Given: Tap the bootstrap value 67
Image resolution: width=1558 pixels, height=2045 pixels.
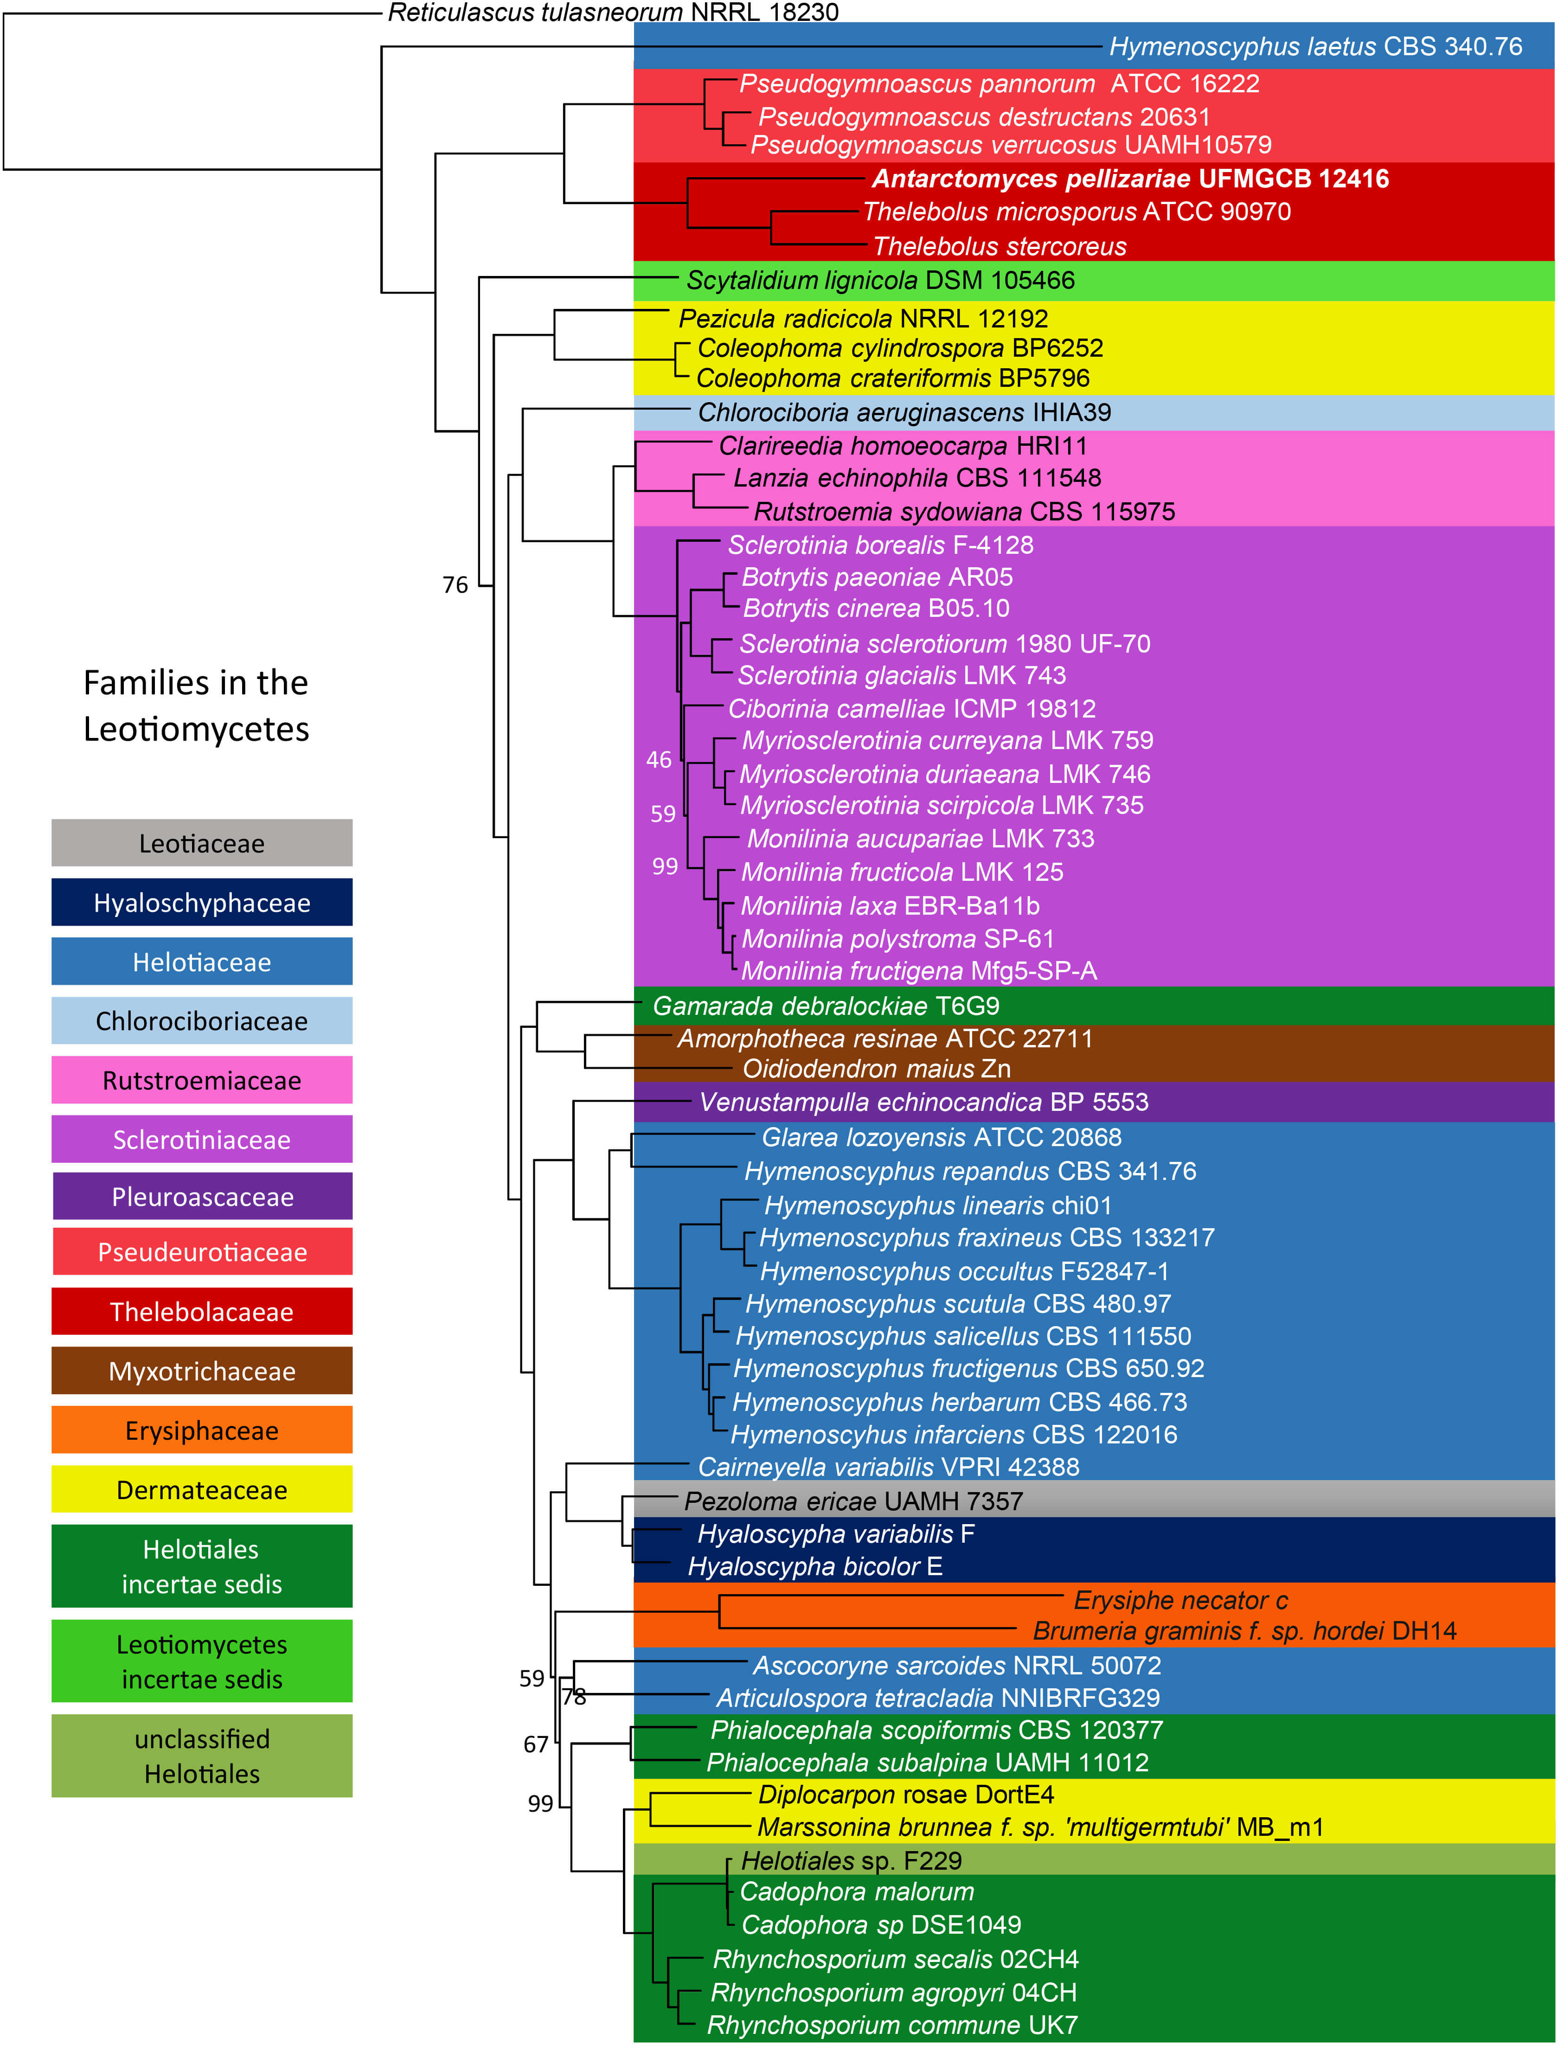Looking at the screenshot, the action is (536, 1744).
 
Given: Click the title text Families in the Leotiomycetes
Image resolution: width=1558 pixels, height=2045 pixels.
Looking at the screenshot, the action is (196, 706).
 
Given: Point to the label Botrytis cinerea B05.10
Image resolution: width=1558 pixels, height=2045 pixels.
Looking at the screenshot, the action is (876, 609).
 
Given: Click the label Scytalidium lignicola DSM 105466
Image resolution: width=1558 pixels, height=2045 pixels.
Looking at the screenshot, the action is (880, 280).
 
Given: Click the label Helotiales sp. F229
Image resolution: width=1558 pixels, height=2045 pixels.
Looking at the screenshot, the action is (851, 1860).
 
